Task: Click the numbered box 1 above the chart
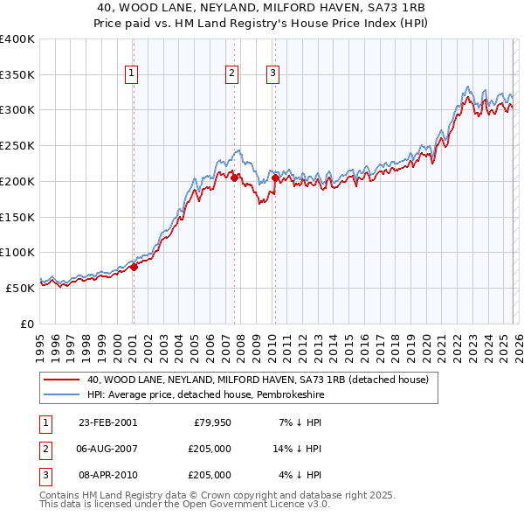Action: tap(132, 74)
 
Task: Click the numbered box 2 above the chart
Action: tap(232, 74)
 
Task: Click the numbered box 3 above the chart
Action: tap(273, 74)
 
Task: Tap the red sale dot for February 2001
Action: tap(134, 268)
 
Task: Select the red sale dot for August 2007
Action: tap(234, 178)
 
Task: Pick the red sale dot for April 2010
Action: tap(275, 178)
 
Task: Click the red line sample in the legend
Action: tap(62, 380)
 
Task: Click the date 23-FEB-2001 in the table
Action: tap(107, 422)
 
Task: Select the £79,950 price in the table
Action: tap(210, 422)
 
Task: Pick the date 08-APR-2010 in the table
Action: tap(107, 475)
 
